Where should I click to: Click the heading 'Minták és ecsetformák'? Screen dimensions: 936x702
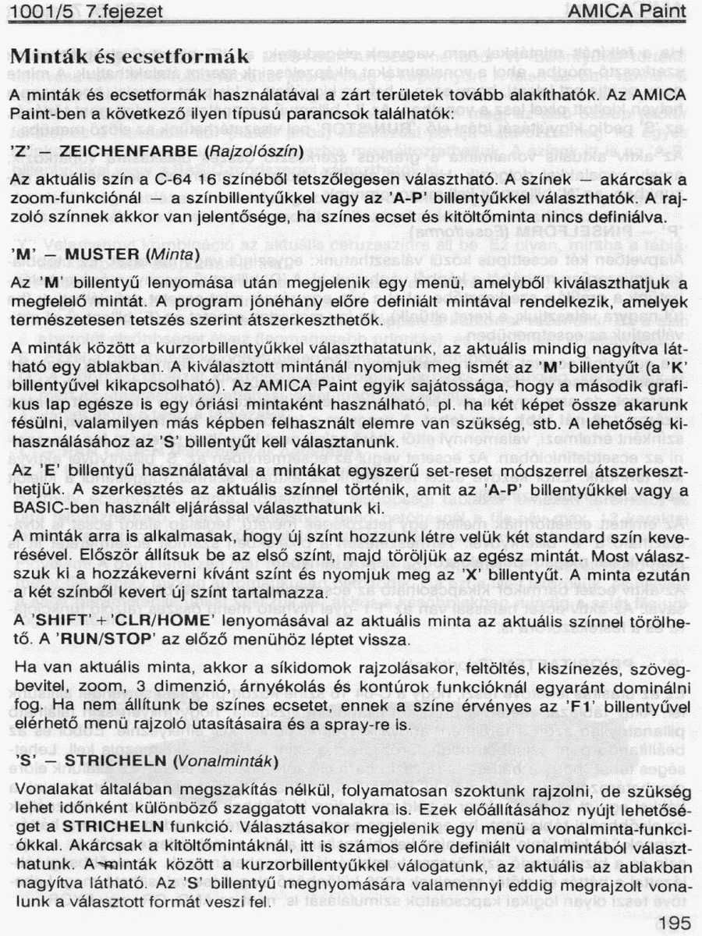point(129,56)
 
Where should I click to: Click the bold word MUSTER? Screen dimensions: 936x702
point(97,254)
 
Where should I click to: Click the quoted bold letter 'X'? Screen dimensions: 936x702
point(472,576)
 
